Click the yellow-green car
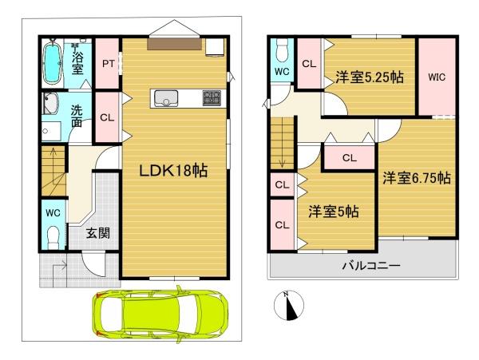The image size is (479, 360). click(161, 315)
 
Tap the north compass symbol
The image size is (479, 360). click(289, 306)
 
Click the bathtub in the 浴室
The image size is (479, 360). click(52, 62)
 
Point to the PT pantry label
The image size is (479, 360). click(108, 64)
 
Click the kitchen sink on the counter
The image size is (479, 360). click(166, 98)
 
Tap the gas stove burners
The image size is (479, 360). click(212, 98)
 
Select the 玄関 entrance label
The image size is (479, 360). click(97, 234)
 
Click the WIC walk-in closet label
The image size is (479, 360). click(437, 77)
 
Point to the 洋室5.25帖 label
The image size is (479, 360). click(370, 77)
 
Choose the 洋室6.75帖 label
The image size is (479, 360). click(417, 178)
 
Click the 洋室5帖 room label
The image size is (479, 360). click(333, 212)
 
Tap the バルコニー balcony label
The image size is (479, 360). click(371, 265)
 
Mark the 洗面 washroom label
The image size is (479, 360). click(77, 116)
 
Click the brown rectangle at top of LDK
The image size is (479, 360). click(174, 44)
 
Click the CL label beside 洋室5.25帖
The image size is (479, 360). click(309, 64)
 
